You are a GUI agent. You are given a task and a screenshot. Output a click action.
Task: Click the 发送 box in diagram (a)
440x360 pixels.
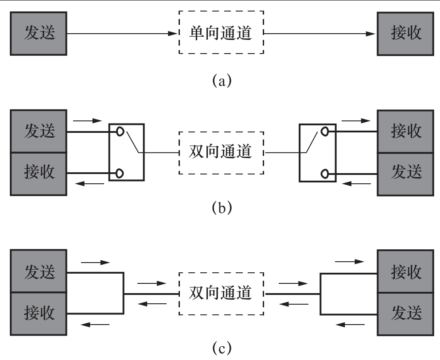pyautogui.click(x=39, y=34)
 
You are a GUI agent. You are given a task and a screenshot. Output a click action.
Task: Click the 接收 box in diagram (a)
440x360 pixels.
pyautogui.click(x=405, y=34)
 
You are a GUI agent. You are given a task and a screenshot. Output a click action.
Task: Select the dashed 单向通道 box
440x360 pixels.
pyautogui.click(x=221, y=34)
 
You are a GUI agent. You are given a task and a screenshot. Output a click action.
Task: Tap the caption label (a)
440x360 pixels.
pyautogui.click(x=220, y=81)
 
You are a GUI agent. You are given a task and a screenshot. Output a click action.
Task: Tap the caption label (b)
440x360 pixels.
pyautogui.click(x=220, y=207)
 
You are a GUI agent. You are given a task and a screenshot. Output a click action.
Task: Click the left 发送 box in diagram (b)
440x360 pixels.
pyautogui.click(x=39, y=132)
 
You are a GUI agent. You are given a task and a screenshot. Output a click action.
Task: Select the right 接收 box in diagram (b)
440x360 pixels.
pyautogui.click(x=405, y=132)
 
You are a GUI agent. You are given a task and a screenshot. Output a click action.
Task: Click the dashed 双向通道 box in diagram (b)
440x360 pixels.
pyautogui.click(x=221, y=152)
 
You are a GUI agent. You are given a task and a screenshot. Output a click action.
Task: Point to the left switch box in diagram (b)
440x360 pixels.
pyautogui.click(x=126, y=152)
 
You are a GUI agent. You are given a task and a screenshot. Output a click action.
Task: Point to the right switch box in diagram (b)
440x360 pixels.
pyautogui.click(x=317, y=152)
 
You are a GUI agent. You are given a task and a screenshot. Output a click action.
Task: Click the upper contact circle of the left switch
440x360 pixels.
pyautogui.click(x=120, y=132)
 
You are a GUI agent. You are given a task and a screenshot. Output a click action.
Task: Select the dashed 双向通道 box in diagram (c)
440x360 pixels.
pyautogui.click(x=221, y=293)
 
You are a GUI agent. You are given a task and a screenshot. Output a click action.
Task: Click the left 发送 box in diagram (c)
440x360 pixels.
pyautogui.click(x=39, y=272)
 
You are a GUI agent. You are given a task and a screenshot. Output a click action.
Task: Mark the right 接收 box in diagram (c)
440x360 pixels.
pyautogui.click(x=405, y=272)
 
